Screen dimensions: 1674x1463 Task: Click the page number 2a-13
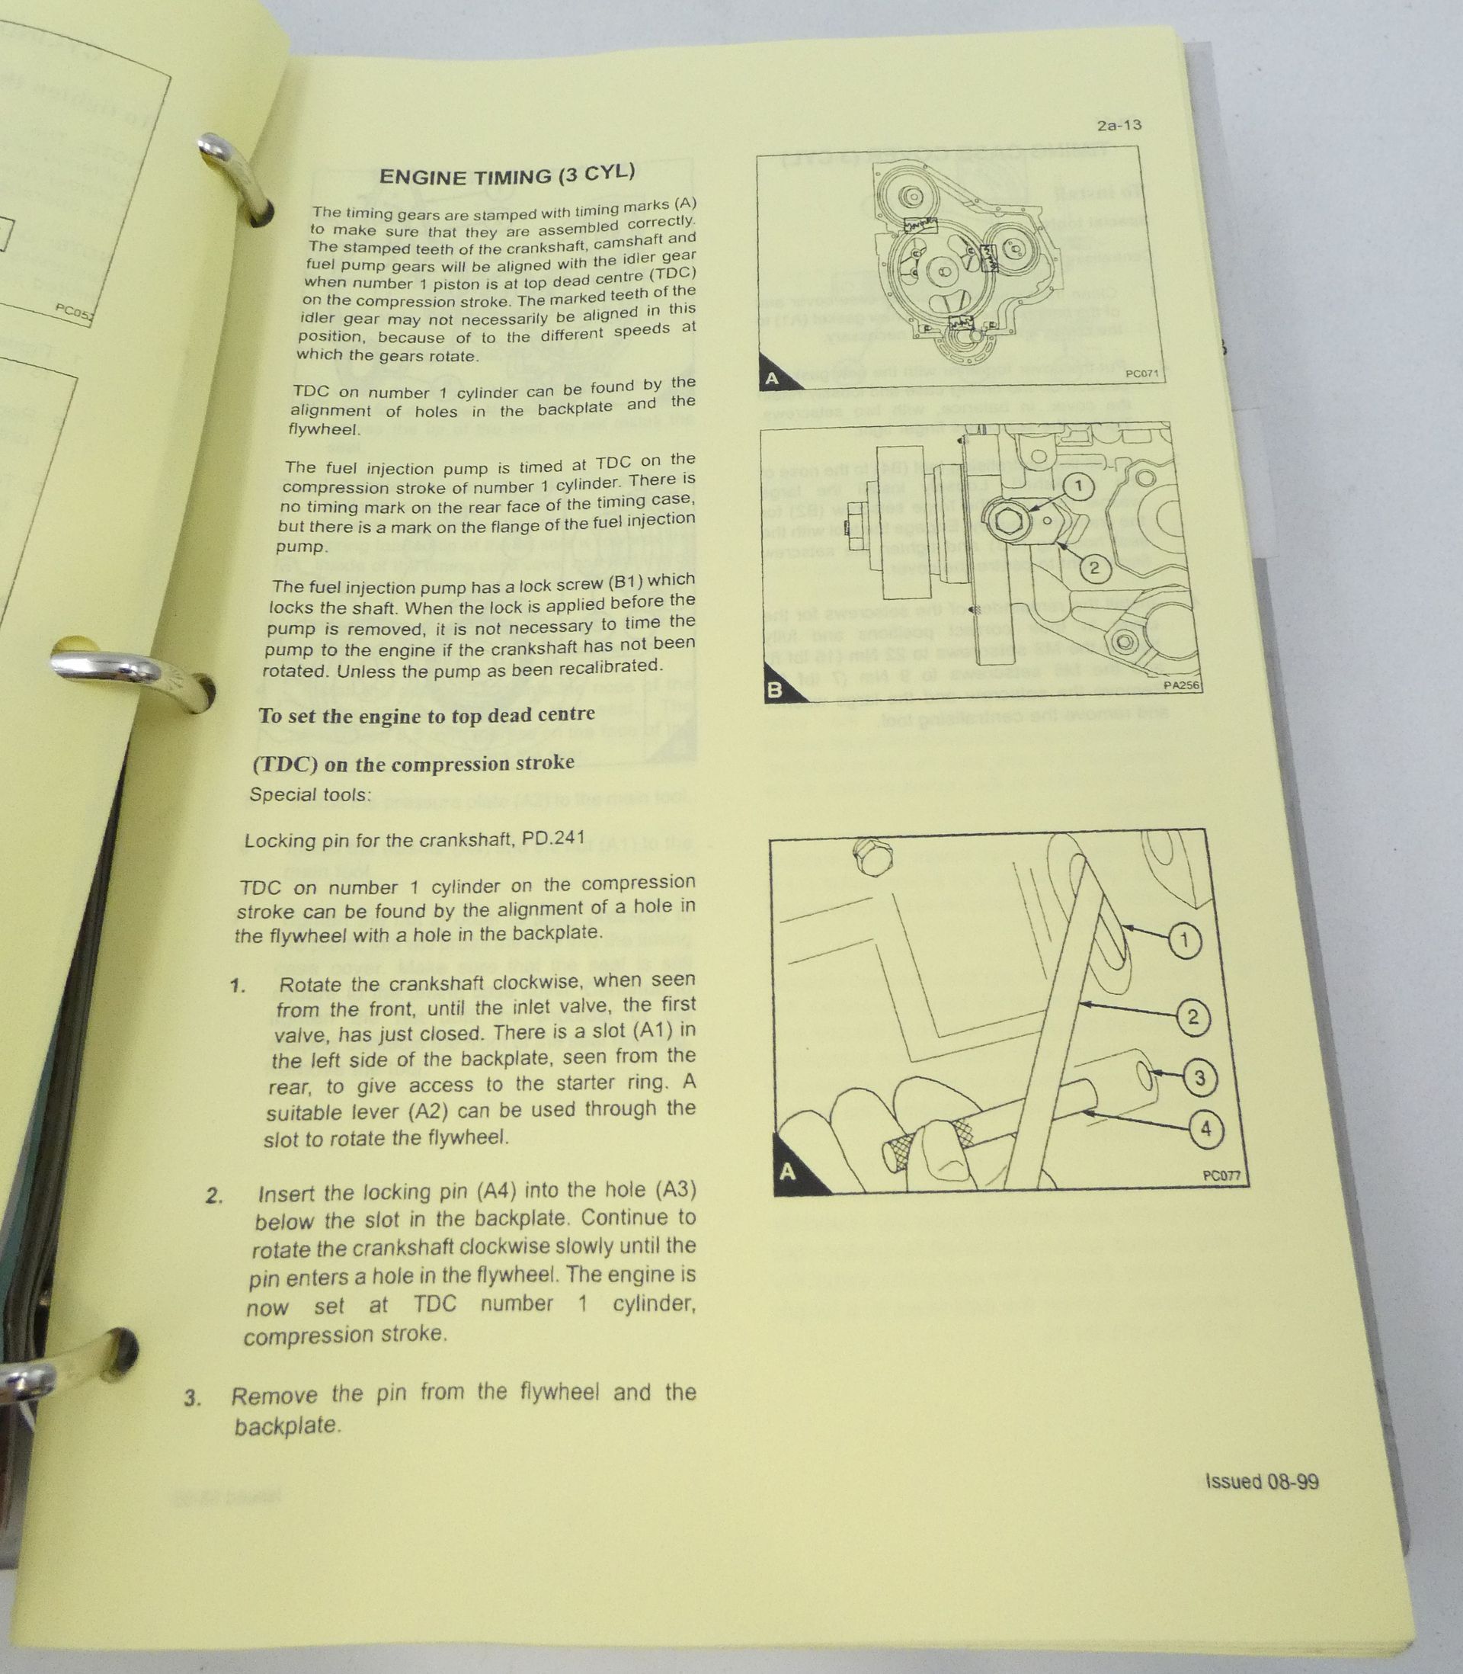[1119, 126]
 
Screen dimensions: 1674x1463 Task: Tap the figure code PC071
[1141, 374]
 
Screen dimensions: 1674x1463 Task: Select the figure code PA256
[1181, 685]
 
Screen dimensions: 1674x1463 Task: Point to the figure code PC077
[1221, 1176]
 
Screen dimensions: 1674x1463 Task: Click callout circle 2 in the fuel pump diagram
[1095, 567]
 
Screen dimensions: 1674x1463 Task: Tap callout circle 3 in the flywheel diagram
[1199, 1078]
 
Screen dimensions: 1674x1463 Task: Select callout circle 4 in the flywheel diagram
[1205, 1130]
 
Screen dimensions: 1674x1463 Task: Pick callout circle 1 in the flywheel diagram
[1185, 941]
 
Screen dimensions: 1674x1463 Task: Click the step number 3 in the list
[192, 1398]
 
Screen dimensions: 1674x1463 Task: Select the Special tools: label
[310, 794]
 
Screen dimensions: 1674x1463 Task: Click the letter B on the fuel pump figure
[775, 690]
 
